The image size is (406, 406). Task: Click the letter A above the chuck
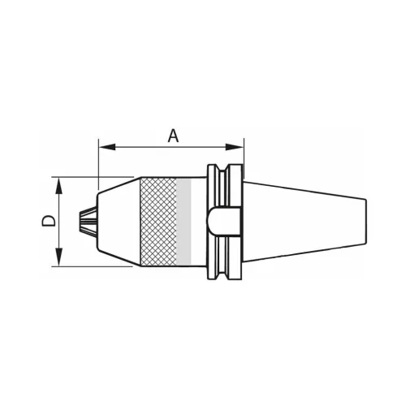[x=172, y=136]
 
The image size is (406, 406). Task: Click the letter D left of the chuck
[x=49, y=220]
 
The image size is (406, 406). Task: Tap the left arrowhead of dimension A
[x=102, y=147]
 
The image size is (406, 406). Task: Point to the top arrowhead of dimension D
[x=58, y=182]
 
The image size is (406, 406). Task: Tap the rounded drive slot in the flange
[x=223, y=220]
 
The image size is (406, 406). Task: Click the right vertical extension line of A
[x=244, y=158]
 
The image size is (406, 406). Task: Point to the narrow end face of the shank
[x=365, y=221]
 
